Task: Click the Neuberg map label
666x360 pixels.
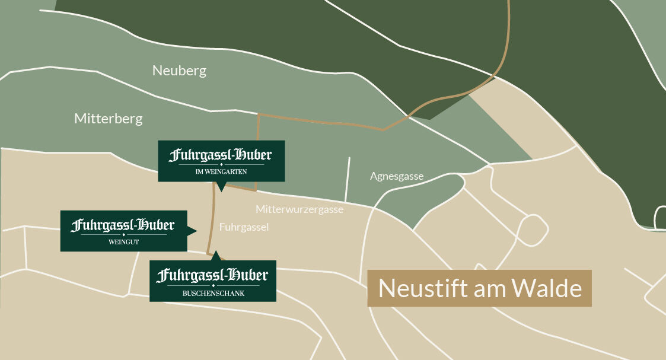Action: point(179,71)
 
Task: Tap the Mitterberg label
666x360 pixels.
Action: point(109,119)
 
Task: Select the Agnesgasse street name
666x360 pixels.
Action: point(397,176)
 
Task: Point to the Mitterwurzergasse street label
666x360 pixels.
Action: point(299,209)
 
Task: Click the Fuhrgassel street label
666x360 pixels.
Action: point(244,227)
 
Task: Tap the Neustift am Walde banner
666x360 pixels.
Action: point(479,288)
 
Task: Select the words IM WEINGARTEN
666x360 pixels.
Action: point(221,172)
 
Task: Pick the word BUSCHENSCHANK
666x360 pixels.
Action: point(212,293)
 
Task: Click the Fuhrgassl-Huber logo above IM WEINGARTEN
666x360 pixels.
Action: point(221,155)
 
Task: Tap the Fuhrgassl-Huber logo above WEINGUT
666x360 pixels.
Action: point(123,225)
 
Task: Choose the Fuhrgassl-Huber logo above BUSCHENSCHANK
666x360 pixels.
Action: point(212,276)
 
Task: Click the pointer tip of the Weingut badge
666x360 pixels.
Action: point(196,231)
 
